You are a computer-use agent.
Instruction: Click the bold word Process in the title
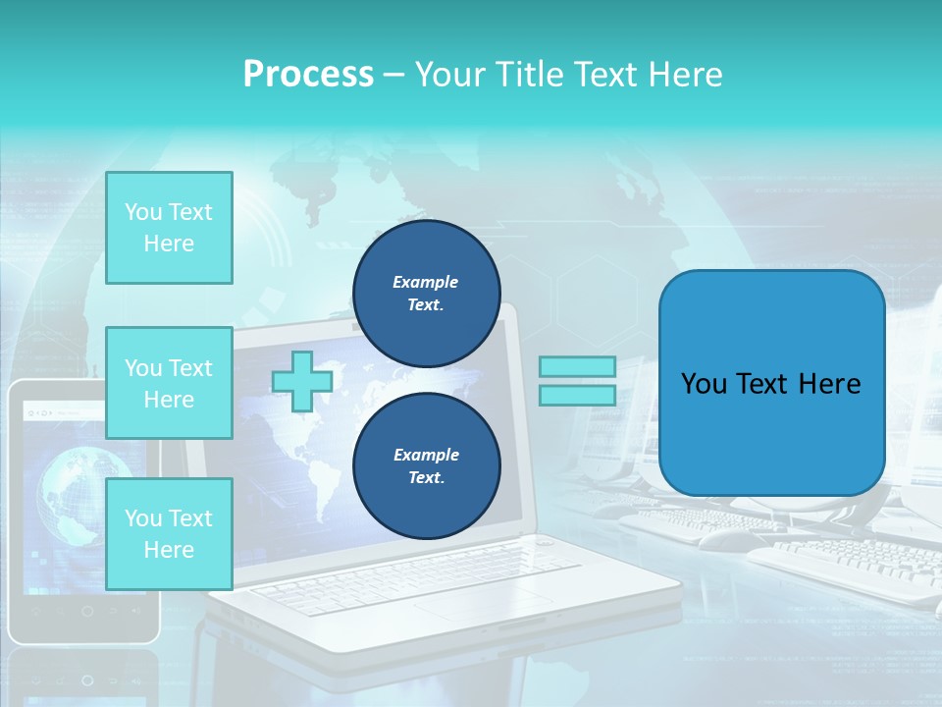tap(308, 75)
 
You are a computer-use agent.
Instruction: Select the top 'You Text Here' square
tap(169, 228)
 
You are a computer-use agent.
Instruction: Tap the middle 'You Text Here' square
tap(169, 383)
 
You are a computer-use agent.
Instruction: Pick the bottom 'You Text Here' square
tap(169, 534)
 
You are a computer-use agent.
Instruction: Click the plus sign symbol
tap(302, 382)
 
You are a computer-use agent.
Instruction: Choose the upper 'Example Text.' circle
tap(426, 293)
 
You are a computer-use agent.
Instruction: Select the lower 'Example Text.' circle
tap(426, 465)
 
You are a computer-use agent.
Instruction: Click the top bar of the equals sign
tap(577, 367)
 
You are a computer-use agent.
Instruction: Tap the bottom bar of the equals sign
tap(577, 395)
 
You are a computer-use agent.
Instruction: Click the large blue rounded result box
tap(771, 383)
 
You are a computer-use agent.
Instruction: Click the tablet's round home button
tap(87, 612)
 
